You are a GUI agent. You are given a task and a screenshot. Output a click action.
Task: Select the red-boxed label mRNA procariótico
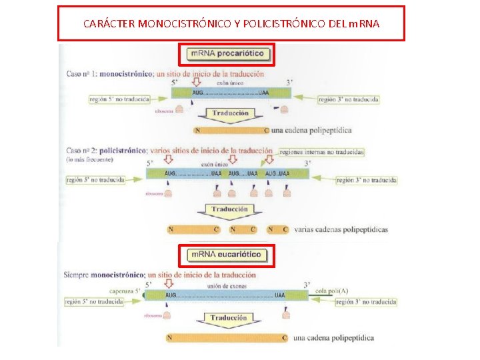pyautogui.click(x=227, y=53)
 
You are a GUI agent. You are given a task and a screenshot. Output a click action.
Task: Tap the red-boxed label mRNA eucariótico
pyautogui.click(x=227, y=255)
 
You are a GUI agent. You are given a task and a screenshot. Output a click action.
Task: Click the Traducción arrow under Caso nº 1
pyautogui.click(x=229, y=115)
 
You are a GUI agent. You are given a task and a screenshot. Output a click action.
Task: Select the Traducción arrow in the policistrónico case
pyautogui.click(x=229, y=211)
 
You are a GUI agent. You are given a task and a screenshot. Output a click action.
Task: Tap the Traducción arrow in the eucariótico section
pyautogui.click(x=229, y=319)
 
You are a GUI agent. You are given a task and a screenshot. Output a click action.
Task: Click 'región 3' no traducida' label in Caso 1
pyautogui.click(x=348, y=99)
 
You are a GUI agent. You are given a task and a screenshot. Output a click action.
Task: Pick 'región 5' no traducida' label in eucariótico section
pyautogui.click(x=93, y=302)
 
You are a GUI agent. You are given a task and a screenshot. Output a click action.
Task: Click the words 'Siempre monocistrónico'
pyautogui.click(x=104, y=275)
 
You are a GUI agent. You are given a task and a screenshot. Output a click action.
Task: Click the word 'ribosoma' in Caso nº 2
pyautogui.click(x=153, y=193)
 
